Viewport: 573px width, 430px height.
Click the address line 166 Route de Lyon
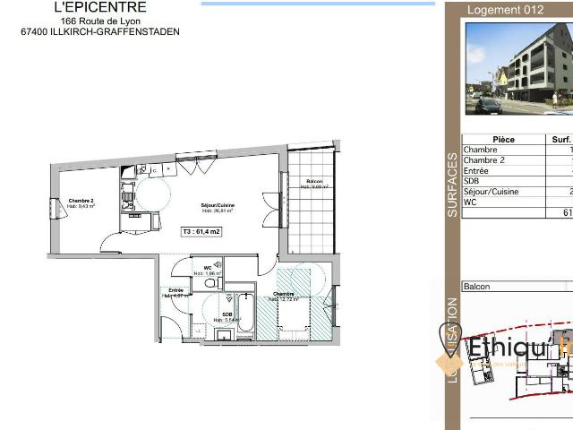pos(100,21)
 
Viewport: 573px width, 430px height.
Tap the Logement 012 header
pos(507,11)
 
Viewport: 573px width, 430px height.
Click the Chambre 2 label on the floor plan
pos(81,202)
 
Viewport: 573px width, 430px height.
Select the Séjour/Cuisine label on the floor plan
pos(218,206)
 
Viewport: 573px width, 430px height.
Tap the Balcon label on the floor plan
pos(314,182)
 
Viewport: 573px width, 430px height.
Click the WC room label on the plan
pos(208,267)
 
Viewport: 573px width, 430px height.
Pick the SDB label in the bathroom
pos(227,314)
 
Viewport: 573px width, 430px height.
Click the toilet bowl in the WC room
pos(210,283)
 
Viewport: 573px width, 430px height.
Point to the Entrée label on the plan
pos(175,290)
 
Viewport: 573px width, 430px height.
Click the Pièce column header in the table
pos(503,140)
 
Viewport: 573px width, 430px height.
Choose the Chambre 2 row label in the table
pos(484,160)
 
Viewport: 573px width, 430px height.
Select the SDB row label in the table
pos(473,181)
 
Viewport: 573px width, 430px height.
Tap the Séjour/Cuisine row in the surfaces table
pos(491,192)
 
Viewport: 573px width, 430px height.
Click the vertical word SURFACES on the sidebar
pos(452,186)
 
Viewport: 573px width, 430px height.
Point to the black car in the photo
pos(488,106)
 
